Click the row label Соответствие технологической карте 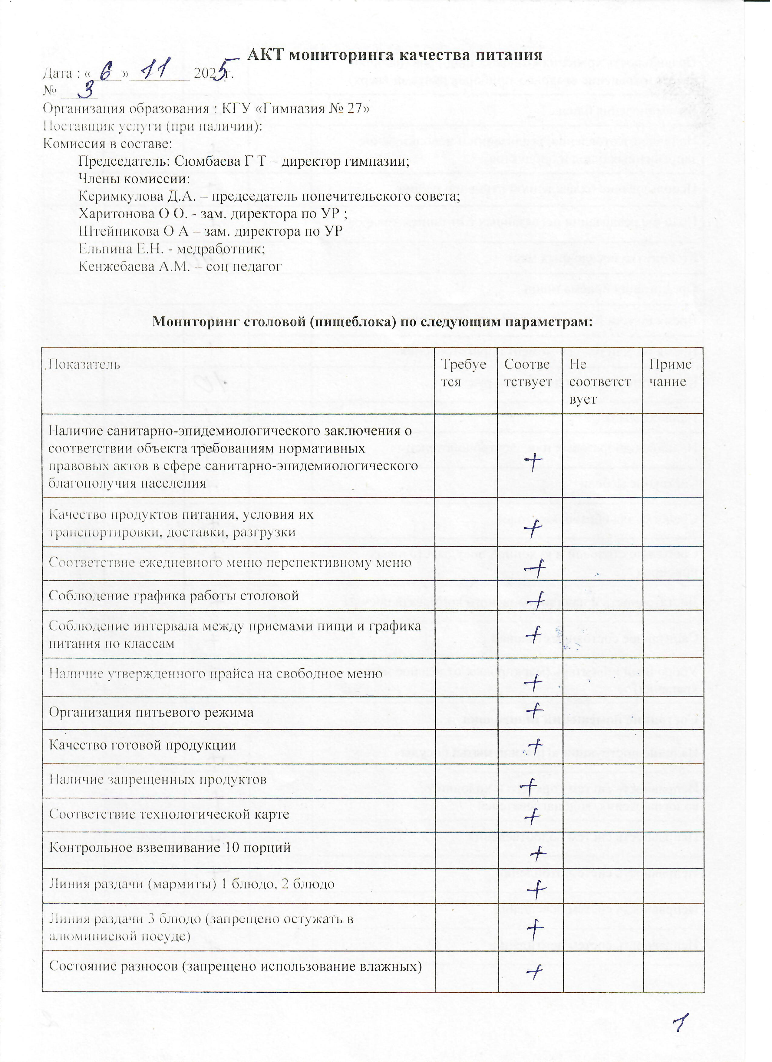(x=169, y=813)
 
